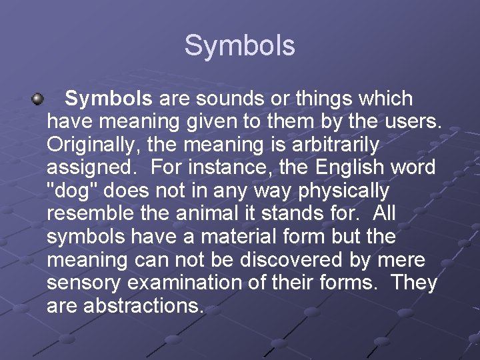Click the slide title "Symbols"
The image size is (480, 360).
coord(239,46)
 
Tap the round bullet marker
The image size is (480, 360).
coord(38,100)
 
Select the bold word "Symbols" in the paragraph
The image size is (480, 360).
coord(109,100)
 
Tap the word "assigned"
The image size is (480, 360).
coord(90,168)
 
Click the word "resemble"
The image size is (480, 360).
coord(91,214)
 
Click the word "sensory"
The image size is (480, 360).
coord(84,283)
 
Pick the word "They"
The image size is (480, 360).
coord(414,283)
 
